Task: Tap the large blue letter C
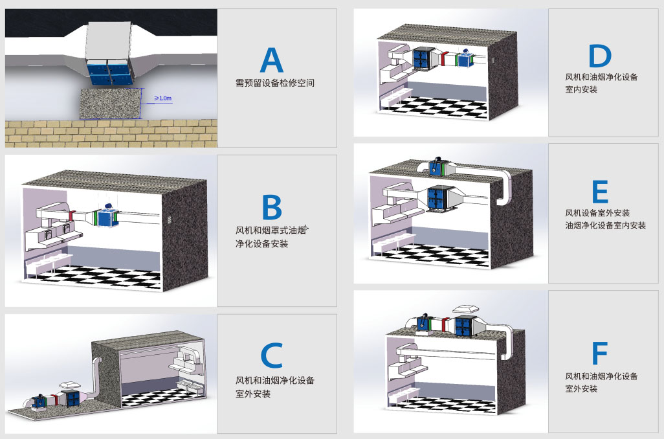click(x=271, y=355)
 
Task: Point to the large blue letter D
click(x=600, y=56)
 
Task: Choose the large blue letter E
click(x=600, y=192)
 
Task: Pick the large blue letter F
click(x=600, y=352)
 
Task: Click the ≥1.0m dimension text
click(x=162, y=98)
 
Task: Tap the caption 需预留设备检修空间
click(x=275, y=83)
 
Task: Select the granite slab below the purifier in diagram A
click(x=111, y=104)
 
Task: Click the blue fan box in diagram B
click(x=107, y=218)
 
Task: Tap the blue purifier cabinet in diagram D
click(x=423, y=58)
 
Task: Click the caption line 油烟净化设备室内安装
click(x=605, y=225)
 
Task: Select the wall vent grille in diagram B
click(x=170, y=220)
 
